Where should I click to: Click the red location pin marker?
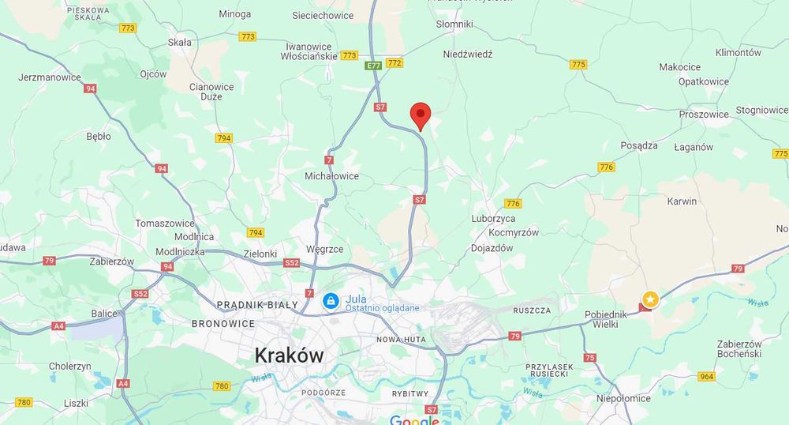[x=421, y=115]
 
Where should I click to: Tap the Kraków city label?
[x=289, y=355]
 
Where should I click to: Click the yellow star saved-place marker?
[x=649, y=299]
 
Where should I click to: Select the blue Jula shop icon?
[x=331, y=301]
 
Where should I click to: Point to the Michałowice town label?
[x=331, y=176]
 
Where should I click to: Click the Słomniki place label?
[x=454, y=24]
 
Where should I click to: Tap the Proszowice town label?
[x=704, y=115]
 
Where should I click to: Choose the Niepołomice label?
[x=624, y=399]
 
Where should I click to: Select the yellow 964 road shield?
[x=707, y=377]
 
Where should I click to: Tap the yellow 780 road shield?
[x=222, y=386]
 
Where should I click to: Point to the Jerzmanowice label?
[x=50, y=77]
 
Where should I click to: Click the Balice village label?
[x=104, y=314]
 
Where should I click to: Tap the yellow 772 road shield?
[x=395, y=62]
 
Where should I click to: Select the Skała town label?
[x=180, y=43]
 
